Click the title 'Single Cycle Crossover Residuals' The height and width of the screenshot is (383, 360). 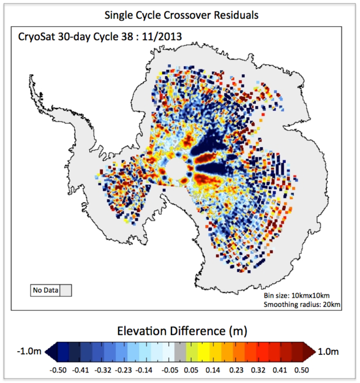coord(181,15)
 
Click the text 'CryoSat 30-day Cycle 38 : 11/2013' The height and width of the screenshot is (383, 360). coord(100,37)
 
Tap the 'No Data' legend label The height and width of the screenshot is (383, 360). coord(45,290)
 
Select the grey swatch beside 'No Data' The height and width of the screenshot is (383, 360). coord(66,290)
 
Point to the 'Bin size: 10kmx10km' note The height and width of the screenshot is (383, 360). coord(296,295)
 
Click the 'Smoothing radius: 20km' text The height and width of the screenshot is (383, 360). coord(302,305)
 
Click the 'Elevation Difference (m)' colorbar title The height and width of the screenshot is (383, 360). coord(182,331)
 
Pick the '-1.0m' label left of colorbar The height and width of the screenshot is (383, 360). coord(29,352)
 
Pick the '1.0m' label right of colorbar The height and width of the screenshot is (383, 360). coord(328,352)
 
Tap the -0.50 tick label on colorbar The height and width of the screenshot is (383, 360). coord(58,370)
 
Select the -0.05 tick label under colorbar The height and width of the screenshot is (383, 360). coord(170,370)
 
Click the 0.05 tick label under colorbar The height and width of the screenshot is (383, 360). coord(191,370)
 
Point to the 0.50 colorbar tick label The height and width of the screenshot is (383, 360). coord(302,370)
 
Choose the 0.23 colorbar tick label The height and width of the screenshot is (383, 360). coord(236,370)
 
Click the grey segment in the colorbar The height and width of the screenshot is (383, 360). coord(180,352)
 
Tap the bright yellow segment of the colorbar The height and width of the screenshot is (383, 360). coord(203,352)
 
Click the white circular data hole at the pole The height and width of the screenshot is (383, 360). coord(176,168)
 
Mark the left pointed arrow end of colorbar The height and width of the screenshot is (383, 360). coord(45,352)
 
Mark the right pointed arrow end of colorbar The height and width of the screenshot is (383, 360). coord(316,352)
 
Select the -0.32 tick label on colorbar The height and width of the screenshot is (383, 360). coord(103,370)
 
